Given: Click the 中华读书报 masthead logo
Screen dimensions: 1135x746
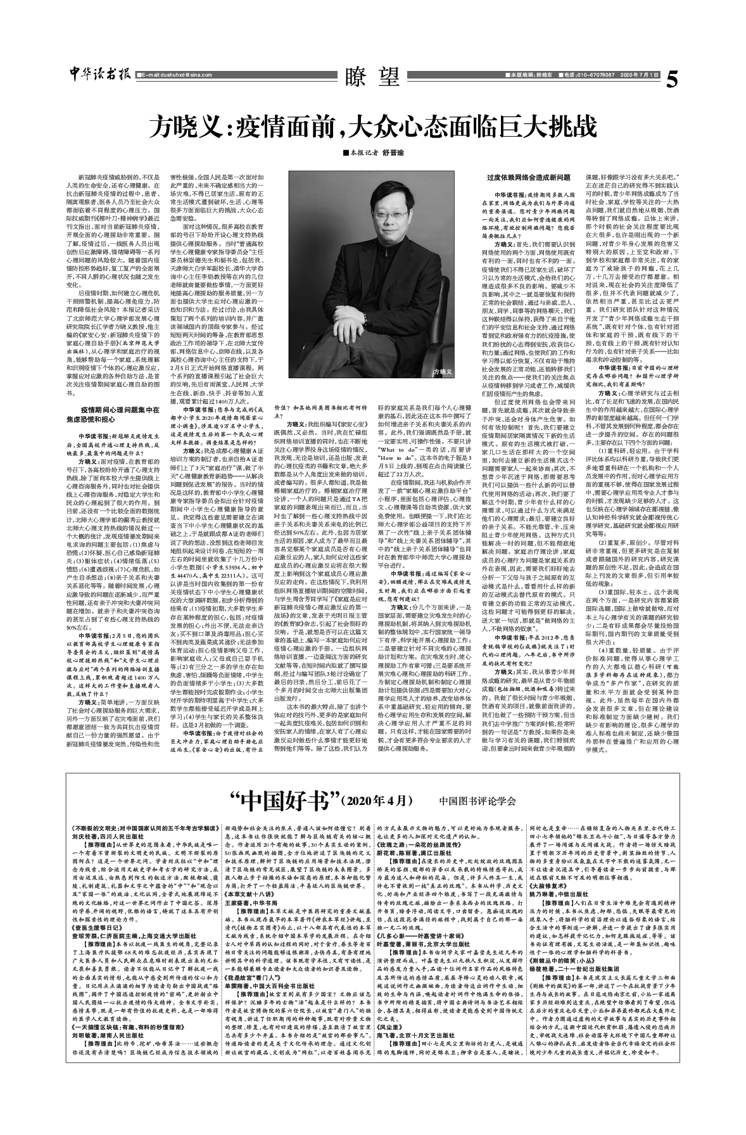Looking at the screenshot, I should point(99,73).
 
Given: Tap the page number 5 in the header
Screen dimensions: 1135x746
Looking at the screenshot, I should point(672,77).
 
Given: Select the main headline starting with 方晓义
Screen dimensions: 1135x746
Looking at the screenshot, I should point(372,127).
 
